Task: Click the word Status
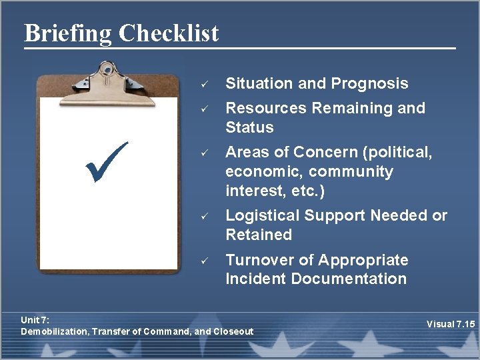(249, 127)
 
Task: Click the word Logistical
(262, 215)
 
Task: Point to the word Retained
(259, 235)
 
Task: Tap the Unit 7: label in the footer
(35, 320)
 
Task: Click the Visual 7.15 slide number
(451, 325)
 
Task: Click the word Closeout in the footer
(233, 331)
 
